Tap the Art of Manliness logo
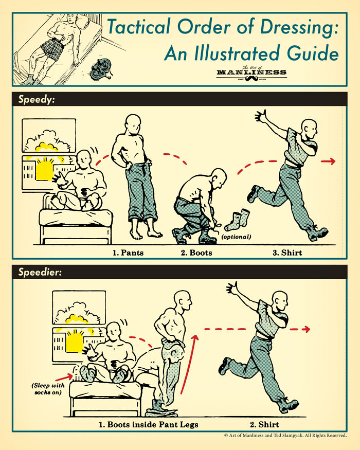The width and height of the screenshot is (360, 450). click(251, 73)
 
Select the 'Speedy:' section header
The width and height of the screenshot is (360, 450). click(37, 99)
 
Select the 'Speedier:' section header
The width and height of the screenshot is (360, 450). click(40, 272)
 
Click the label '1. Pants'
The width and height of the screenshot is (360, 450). click(128, 253)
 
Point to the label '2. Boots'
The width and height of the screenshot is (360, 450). click(196, 253)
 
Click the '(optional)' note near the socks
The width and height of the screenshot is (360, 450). click(236, 237)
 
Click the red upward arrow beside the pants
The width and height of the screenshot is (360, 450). click(193, 360)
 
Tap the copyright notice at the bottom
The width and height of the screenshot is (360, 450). click(285, 436)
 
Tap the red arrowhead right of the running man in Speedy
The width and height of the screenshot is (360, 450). click(332, 161)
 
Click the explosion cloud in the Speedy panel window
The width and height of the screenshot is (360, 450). click(48, 137)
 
